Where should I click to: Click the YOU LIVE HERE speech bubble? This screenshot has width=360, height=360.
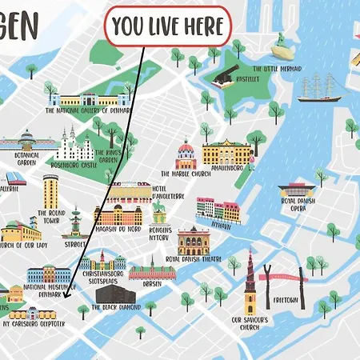168,27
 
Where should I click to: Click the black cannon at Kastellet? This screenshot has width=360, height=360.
222,78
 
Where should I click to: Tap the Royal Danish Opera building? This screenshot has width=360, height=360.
295,193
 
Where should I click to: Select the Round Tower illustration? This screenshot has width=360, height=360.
51,192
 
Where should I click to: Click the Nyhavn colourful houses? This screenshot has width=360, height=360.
218,210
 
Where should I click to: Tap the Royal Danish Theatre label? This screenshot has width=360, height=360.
194,259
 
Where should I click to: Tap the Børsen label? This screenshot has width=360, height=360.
152,284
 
